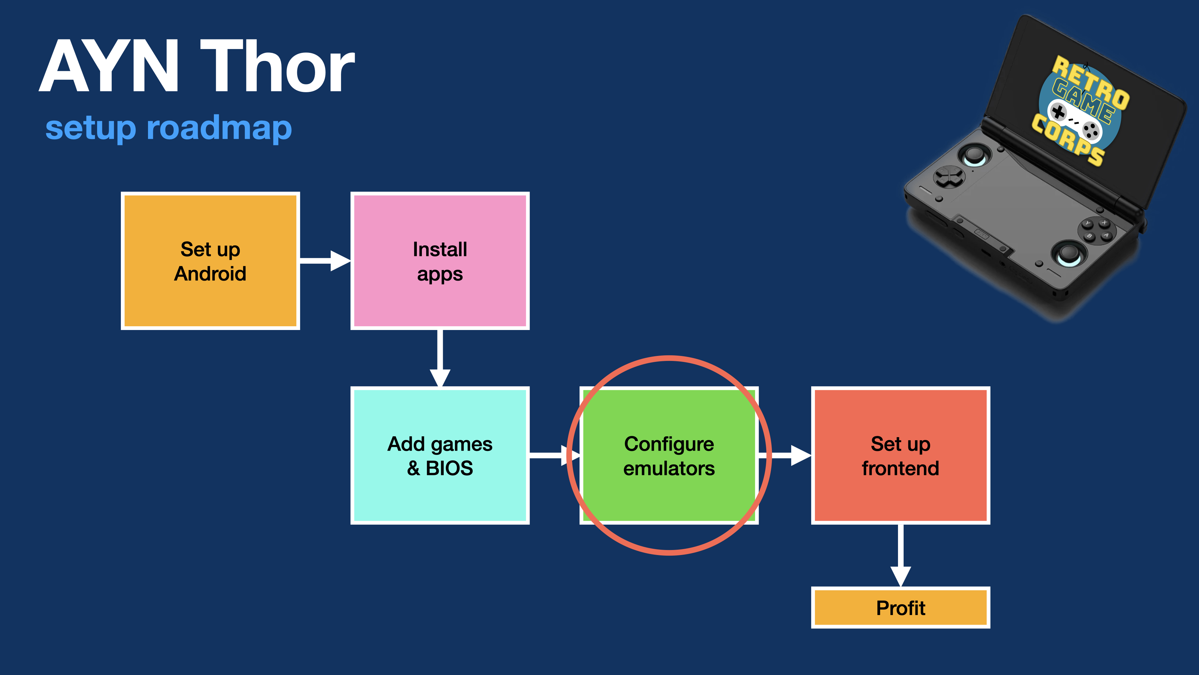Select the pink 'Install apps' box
pyautogui.click(x=440, y=261)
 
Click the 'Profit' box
pyautogui.click(x=900, y=607)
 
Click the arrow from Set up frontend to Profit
pyautogui.click(x=900, y=554)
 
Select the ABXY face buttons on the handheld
pyautogui.click(x=1097, y=230)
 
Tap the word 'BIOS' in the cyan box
pyautogui.click(x=449, y=468)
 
